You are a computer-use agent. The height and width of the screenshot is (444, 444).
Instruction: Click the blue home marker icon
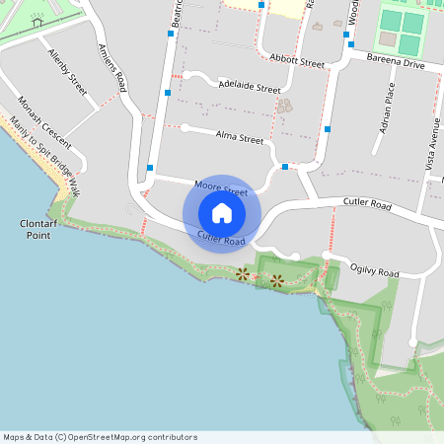click(x=222, y=213)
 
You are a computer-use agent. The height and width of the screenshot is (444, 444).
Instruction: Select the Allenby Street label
click(x=67, y=70)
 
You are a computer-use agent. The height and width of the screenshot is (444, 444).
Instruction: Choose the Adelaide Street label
click(x=250, y=88)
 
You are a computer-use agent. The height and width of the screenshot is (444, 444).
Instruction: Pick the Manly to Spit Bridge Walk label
click(x=45, y=158)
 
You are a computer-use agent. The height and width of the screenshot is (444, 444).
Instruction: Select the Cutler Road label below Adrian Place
click(x=368, y=206)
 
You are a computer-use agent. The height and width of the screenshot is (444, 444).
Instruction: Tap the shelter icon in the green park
click(x=37, y=21)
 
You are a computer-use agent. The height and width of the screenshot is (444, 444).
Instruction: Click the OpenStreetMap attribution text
click(x=101, y=437)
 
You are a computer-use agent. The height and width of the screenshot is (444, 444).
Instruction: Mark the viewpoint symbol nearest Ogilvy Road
click(x=277, y=281)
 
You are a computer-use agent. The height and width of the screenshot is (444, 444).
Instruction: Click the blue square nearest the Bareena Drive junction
click(x=348, y=43)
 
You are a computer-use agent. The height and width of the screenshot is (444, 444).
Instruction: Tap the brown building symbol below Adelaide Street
click(x=285, y=105)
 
